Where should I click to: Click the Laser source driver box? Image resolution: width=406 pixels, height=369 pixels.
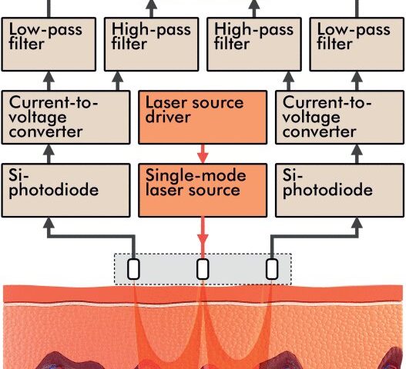click(x=203, y=118)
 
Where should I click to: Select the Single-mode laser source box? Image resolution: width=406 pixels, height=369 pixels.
click(x=203, y=190)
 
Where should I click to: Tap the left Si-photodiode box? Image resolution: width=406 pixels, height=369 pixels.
click(x=65, y=190)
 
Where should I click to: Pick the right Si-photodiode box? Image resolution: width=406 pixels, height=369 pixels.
click(x=340, y=190)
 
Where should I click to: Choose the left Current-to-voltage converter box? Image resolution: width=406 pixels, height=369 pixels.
click(x=65, y=118)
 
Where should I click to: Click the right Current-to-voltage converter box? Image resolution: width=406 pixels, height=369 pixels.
click(x=340, y=118)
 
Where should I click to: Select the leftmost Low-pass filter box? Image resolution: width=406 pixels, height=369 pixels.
click(x=49, y=44)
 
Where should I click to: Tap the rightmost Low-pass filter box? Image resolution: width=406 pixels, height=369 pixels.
click(x=357, y=44)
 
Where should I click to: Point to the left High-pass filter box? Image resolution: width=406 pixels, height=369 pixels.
click(x=152, y=44)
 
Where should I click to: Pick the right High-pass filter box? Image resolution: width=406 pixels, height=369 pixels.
click(x=254, y=44)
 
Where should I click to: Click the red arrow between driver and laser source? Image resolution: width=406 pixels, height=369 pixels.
click(x=203, y=154)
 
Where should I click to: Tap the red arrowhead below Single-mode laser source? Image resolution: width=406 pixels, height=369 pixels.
click(x=203, y=239)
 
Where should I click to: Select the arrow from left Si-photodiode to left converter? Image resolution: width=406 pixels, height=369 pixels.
click(x=49, y=154)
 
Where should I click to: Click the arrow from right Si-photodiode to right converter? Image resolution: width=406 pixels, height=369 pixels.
click(x=357, y=154)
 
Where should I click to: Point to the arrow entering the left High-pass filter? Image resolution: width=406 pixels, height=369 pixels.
click(x=118, y=81)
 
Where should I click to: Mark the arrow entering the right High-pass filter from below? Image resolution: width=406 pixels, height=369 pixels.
click(x=288, y=81)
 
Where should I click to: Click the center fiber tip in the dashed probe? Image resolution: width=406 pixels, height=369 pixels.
click(x=203, y=269)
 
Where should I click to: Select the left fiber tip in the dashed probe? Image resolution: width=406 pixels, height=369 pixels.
click(x=133, y=269)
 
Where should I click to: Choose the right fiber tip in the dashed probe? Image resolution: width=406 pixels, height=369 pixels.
click(x=272, y=269)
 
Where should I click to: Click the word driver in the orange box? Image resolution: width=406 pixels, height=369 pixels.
click(x=168, y=118)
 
